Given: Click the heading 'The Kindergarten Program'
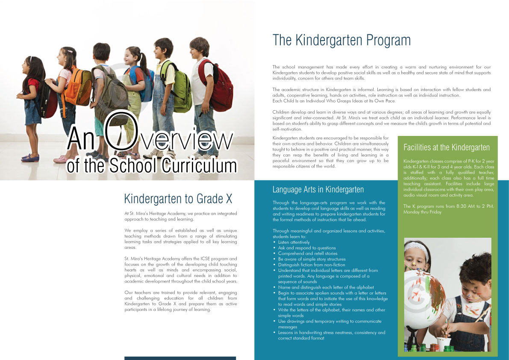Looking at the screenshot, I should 341,41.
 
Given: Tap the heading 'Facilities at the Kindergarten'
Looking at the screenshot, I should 447,148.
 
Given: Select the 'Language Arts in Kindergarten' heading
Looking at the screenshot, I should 318,189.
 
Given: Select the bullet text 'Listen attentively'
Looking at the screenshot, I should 294,242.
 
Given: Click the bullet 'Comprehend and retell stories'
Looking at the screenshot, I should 307,254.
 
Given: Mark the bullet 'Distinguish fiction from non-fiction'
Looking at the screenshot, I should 312,265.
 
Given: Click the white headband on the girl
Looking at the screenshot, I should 416,247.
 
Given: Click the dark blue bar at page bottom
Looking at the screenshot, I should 180,358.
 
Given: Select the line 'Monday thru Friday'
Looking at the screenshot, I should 422,212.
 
